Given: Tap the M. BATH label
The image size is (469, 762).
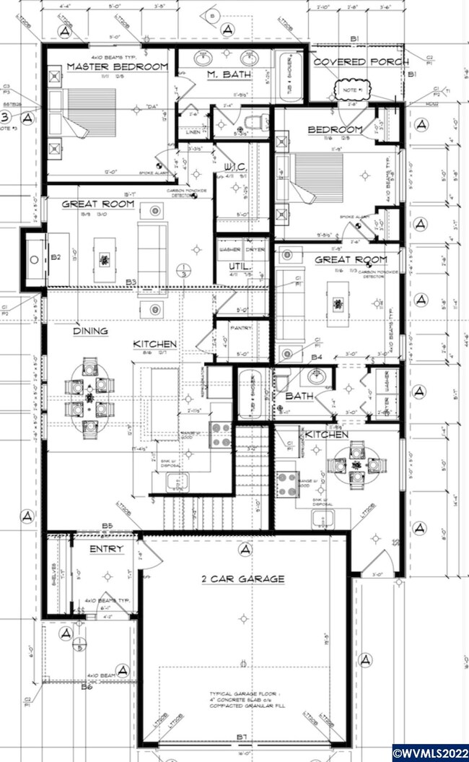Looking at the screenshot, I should coord(223,75).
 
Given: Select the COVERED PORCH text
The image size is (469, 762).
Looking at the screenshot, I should coord(361,62).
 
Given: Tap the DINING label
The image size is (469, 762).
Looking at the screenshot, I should coord(90,332).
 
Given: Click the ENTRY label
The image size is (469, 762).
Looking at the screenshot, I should coord(106,549).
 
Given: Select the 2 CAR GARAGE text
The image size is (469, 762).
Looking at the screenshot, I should coord(243,579).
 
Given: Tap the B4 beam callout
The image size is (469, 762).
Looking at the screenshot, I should coord(316,357).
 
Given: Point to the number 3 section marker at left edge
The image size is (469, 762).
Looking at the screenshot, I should coord(6,117).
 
